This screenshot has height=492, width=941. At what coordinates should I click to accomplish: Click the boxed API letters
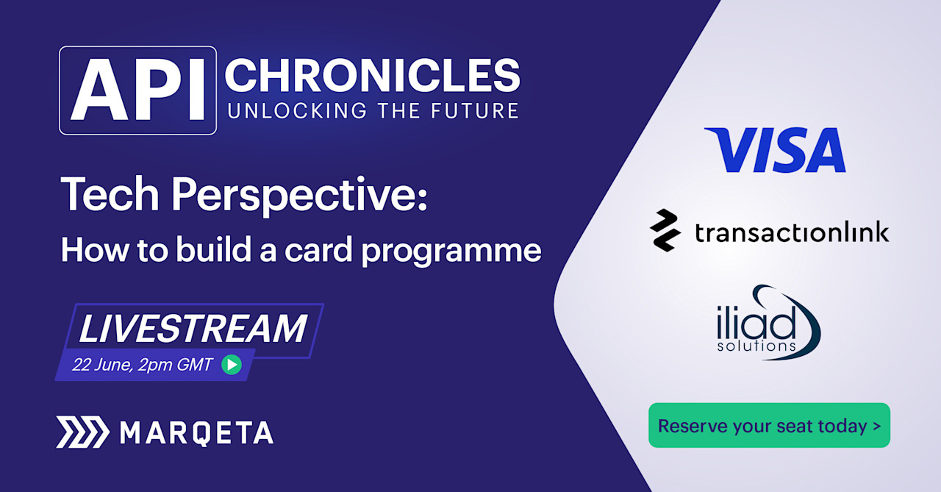137,90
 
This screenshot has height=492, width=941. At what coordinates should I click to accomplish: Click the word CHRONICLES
372,76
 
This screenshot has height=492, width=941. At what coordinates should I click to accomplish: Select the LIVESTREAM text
193,329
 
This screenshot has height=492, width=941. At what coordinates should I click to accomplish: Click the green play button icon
232,364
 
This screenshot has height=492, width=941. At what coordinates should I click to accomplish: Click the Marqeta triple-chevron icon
82,432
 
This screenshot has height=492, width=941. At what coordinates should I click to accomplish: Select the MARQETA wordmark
196,432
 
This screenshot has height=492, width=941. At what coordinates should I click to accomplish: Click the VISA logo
775,150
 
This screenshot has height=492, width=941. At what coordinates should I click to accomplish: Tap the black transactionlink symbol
666,230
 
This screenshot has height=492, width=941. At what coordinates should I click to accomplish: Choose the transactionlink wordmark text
792,232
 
